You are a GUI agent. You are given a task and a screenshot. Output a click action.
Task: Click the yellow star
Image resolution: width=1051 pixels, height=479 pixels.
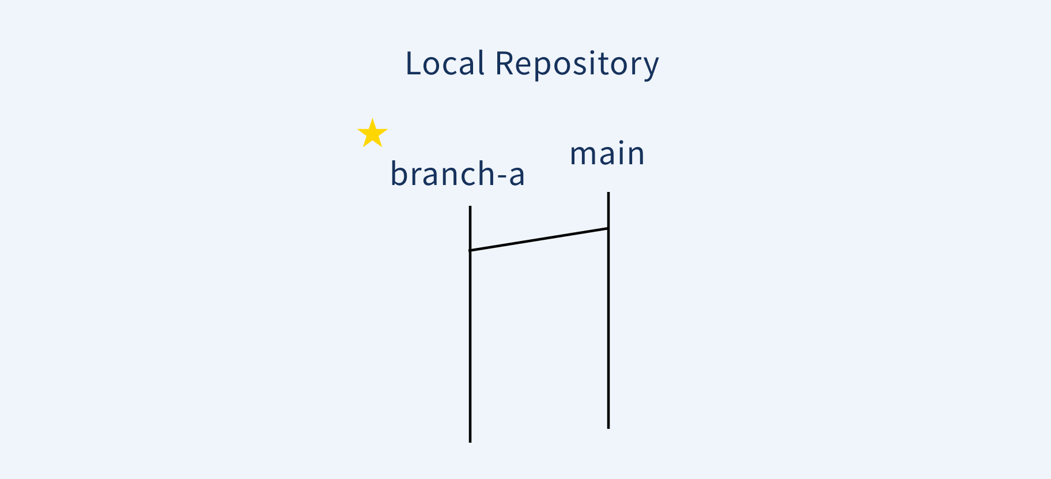pyautogui.click(x=372, y=134)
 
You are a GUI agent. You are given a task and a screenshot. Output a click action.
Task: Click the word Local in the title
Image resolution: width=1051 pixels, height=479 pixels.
pyautogui.click(x=444, y=63)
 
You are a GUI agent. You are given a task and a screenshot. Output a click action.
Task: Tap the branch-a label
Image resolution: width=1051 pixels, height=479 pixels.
pyautogui.click(x=458, y=174)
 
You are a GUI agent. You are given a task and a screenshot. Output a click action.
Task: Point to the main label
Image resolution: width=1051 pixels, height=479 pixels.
pyautogui.click(x=607, y=154)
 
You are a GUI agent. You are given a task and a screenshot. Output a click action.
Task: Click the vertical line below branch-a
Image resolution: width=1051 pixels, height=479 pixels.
pyautogui.click(x=470, y=346)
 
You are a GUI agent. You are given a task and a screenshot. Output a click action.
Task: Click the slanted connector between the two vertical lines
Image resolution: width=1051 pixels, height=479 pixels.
pyautogui.click(x=539, y=239)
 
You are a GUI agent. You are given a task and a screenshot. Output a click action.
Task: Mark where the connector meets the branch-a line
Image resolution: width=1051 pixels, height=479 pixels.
pyautogui.click(x=470, y=250)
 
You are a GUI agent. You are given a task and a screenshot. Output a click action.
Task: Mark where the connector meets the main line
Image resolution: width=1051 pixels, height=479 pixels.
pyautogui.click(x=608, y=228)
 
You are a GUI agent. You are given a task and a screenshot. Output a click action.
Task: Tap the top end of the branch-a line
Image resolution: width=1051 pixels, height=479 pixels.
pyautogui.click(x=470, y=207)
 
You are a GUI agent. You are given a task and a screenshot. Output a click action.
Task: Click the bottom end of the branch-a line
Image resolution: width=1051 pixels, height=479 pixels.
pyautogui.click(x=470, y=441)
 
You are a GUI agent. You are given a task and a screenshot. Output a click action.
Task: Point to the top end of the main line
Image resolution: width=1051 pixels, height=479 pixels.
pyautogui.click(x=608, y=193)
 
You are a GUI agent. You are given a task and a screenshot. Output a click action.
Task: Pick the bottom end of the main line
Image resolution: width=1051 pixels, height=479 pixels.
pyautogui.click(x=608, y=427)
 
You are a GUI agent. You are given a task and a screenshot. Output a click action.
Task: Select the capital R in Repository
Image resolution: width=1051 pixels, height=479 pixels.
pyautogui.click(x=505, y=63)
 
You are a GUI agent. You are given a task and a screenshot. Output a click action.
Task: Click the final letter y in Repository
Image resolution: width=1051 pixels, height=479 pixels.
pyautogui.click(x=651, y=67)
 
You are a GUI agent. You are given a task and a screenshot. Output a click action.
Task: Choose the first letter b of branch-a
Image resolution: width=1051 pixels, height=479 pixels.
pyautogui.click(x=399, y=173)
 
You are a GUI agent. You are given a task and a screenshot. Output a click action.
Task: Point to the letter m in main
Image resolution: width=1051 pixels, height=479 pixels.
pyautogui.click(x=583, y=155)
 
